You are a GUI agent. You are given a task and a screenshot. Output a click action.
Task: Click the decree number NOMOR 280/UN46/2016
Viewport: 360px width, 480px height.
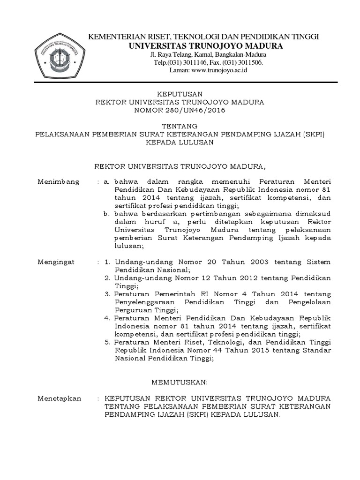pos(180,111)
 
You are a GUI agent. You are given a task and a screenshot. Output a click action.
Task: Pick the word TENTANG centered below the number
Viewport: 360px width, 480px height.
pos(180,126)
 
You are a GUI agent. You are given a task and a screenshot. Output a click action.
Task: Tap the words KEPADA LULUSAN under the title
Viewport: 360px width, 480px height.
pos(180,143)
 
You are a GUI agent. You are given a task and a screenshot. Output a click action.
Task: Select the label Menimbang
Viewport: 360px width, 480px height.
pos(59,182)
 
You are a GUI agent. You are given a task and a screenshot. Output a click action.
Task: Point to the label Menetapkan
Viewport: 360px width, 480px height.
pos(60,398)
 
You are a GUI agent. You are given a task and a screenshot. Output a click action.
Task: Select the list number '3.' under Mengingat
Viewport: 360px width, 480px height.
pos(107,294)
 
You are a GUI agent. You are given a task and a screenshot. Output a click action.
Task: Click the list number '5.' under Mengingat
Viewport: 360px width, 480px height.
pos(107,342)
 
